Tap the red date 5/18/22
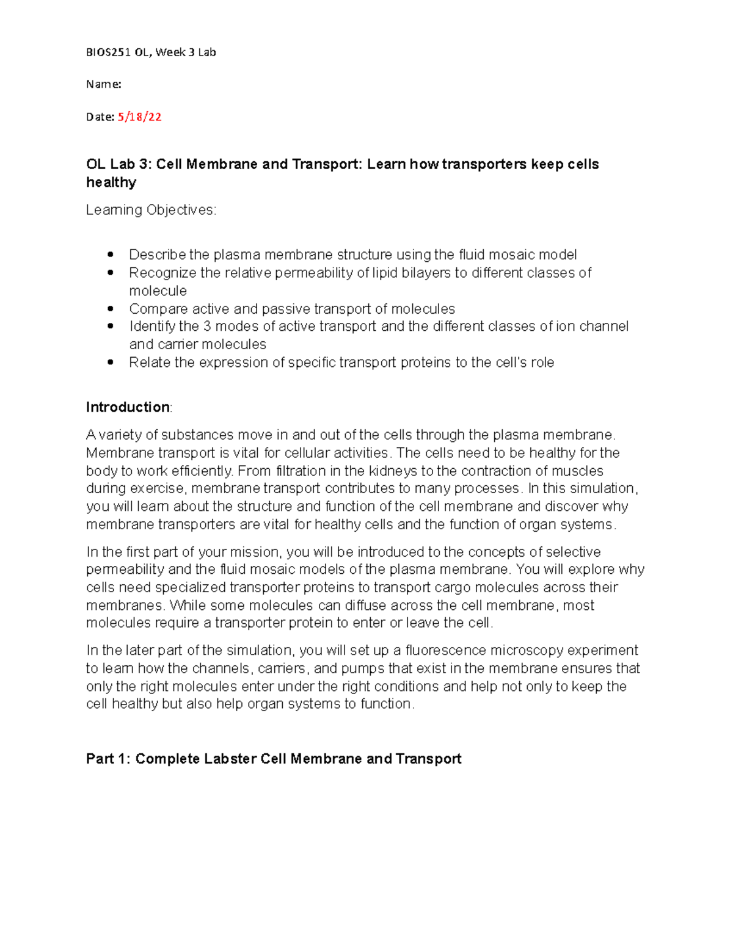click(x=139, y=117)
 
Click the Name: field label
click(x=103, y=84)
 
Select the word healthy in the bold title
click(x=111, y=183)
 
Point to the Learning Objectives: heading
click(x=151, y=210)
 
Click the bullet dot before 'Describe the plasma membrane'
click(x=111, y=255)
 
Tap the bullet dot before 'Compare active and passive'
click(x=111, y=309)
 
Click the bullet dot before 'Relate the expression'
click(x=111, y=363)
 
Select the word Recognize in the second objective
click(x=162, y=273)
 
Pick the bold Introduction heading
click(x=128, y=407)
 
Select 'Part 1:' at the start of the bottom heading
click(x=108, y=759)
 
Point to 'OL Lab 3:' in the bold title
click(x=120, y=165)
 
